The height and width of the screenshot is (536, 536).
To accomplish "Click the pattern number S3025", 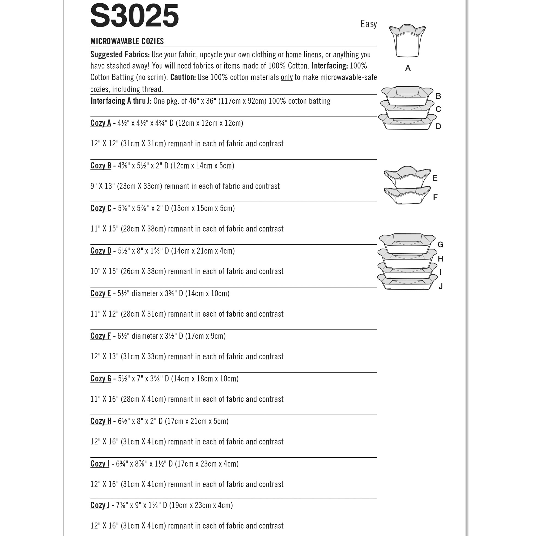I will [134, 16].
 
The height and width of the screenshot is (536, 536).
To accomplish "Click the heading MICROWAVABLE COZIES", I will [127, 41].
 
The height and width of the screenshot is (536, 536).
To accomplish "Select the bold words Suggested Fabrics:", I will [120, 55].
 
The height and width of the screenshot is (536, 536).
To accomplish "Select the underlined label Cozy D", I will [101, 251].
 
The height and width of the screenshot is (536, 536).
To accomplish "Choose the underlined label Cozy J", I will [100, 505].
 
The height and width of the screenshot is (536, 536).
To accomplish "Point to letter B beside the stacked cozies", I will [438, 96].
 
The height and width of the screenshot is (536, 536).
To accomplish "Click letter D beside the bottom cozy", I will [438, 126].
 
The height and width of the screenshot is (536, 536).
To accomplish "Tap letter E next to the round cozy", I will [435, 178].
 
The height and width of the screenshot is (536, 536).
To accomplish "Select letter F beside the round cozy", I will [435, 197].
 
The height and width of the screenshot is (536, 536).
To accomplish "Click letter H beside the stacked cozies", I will [440, 259].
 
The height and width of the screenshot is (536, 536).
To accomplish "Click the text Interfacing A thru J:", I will [121, 101].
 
